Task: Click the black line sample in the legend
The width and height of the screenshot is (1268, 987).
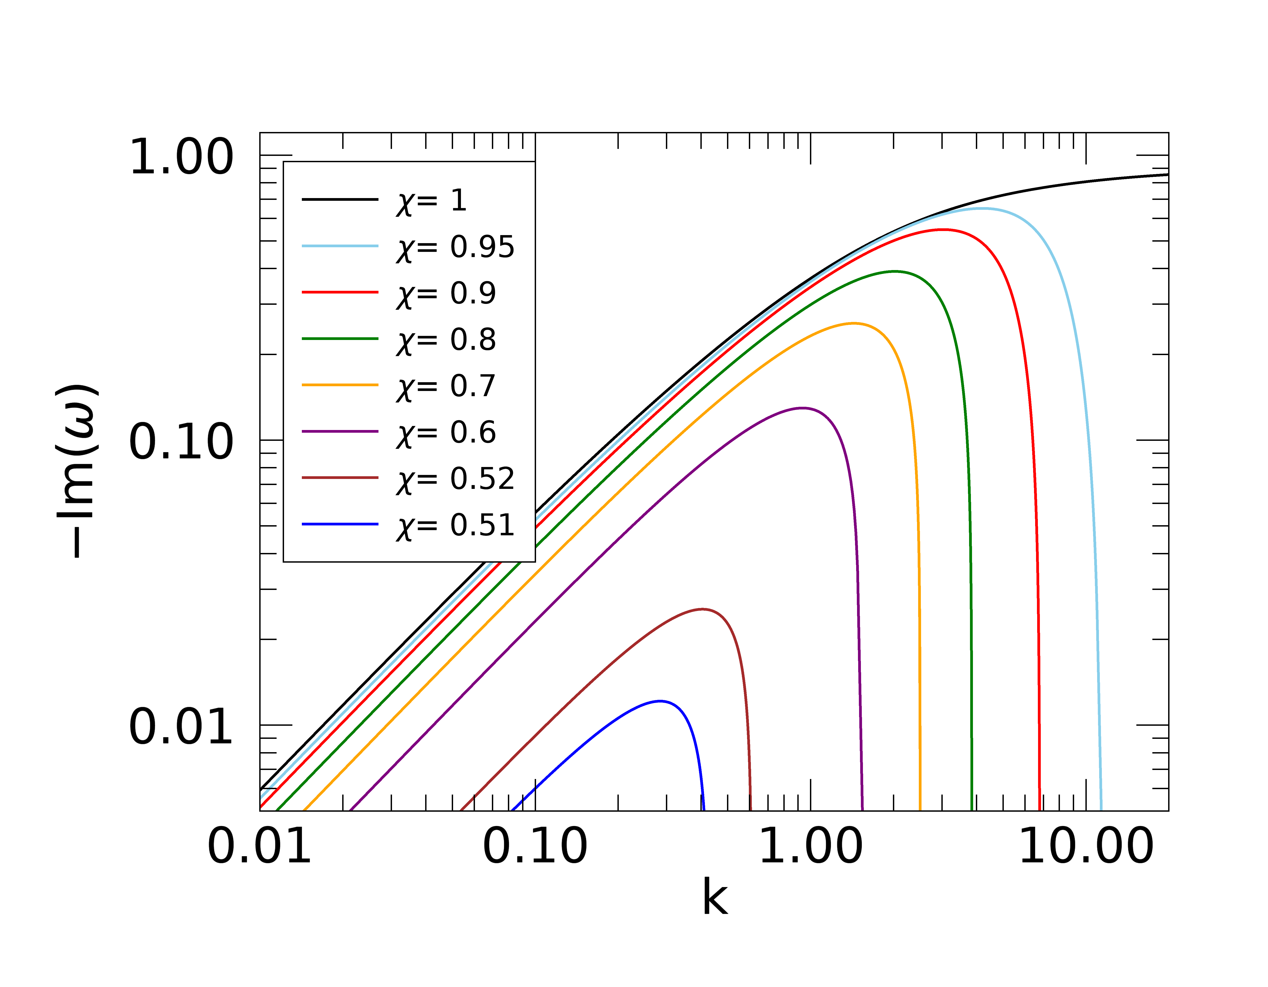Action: click(340, 199)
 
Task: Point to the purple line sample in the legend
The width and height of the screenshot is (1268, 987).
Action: click(340, 432)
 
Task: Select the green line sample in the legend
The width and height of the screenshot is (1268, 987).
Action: click(340, 339)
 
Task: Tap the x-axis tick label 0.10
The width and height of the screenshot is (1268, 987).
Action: click(535, 846)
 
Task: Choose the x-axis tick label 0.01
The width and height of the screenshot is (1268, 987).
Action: click(259, 846)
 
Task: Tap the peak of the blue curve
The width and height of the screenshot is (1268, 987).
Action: click(660, 701)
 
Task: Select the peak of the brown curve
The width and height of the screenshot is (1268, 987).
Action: click(702, 609)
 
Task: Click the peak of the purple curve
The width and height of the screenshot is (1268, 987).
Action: click(802, 408)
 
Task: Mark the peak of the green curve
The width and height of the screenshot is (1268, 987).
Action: click(895, 271)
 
